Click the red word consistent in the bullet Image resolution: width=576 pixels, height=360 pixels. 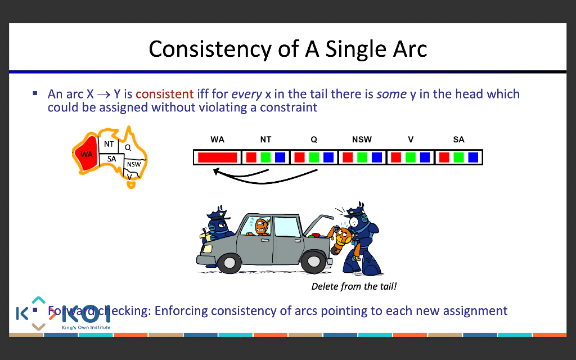pyautogui.click(x=164, y=94)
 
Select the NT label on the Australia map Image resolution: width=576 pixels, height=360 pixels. pyautogui.click(x=109, y=145)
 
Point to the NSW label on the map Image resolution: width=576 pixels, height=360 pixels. pyautogui.click(x=134, y=164)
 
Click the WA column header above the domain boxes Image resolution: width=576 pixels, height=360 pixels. pyautogui.click(x=217, y=139)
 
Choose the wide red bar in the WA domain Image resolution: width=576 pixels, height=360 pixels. pyautogui.click(x=217, y=157)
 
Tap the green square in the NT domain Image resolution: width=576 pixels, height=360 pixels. pyautogui.click(x=265, y=157)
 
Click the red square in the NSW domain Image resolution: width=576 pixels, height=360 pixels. pyautogui.click(x=348, y=157)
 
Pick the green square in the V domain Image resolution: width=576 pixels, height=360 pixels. pyautogui.click(x=411, y=157)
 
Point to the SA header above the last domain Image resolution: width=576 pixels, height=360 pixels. pyautogui.click(x=458, y=139)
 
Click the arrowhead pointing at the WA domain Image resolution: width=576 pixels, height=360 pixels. pyautogui.click(x=217, y=171)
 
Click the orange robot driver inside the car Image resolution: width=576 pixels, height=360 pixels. pyautogui.click(x=261, y=227)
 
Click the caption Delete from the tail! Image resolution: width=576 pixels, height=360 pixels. pyautogui.click(x=354, y=287)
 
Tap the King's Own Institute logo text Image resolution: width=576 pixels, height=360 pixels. pyautogui.click(x=86, y=327)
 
